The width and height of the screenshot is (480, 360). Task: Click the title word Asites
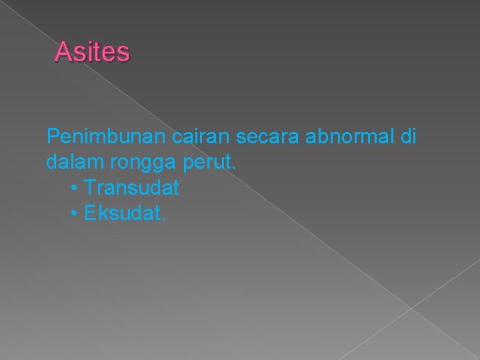pos(93,52)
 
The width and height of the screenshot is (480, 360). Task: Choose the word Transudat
pos(132,188)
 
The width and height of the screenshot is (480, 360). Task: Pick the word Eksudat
pos(123,213)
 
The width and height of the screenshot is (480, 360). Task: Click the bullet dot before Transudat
pos(73,189)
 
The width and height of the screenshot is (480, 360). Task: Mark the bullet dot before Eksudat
pos(73,214)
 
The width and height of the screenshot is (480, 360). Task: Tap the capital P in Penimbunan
pos(53,138)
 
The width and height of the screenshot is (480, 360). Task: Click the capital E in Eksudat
pos(91,213)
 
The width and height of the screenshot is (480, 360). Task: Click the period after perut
pos(233,169)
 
